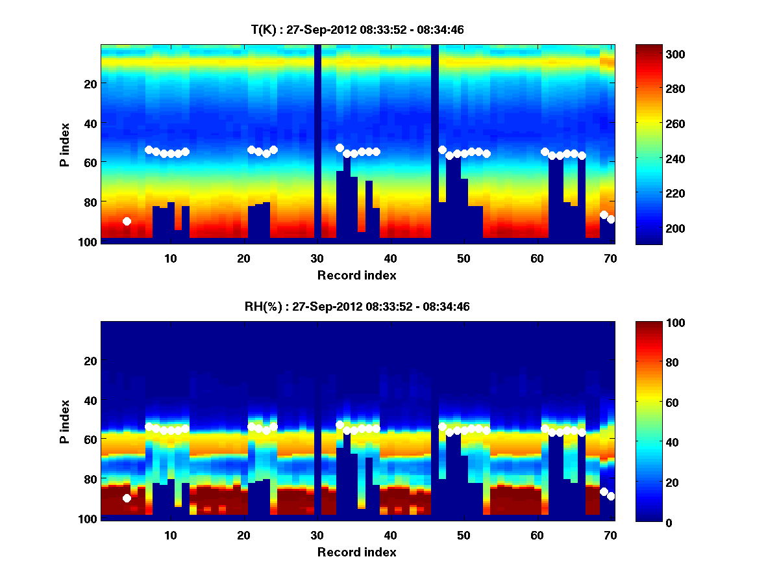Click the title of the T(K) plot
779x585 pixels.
[357, 30]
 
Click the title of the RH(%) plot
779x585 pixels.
[357, 307]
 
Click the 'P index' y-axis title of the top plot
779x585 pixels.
[65, 143]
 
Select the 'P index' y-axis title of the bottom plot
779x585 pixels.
[65, 421]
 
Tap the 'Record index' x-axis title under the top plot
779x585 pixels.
[357, 276]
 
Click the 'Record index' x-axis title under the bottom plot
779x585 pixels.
[357, 552]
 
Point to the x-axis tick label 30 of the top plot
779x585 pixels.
[317, 258]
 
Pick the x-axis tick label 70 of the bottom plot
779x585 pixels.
[610, 535]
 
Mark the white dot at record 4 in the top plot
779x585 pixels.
[127, 222]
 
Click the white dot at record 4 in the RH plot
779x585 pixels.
[127, 499]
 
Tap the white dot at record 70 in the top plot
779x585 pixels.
[611, 220]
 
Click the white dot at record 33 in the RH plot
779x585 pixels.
[340, 424]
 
